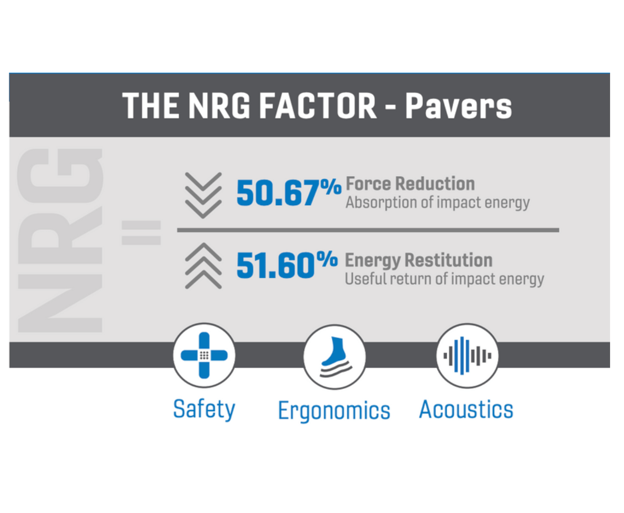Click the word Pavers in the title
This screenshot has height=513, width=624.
[458, 106]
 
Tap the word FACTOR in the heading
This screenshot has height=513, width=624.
[317, 106]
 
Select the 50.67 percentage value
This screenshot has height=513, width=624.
[289, 193]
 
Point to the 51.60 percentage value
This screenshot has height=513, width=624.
[287, 264]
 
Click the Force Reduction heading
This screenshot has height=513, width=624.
[411, 184]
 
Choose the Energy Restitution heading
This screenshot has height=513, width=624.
[418, 261]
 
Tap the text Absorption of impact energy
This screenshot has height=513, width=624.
[437, 203]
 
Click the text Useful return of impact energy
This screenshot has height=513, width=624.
[444, 279]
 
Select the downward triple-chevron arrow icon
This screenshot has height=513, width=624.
[203, 195]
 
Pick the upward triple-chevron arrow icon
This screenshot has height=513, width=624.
[203, 266]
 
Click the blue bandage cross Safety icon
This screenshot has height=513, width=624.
[204, 355]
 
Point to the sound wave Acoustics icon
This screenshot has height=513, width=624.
[467, 356]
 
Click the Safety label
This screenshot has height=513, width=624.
[204, 410]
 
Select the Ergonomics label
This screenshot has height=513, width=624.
[334, 411]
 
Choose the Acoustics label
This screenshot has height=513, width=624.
[466, 409]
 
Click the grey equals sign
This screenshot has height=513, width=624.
[141, 233]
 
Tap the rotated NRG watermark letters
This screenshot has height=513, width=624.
[60, 240]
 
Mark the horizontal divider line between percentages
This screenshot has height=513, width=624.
[368, 230]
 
